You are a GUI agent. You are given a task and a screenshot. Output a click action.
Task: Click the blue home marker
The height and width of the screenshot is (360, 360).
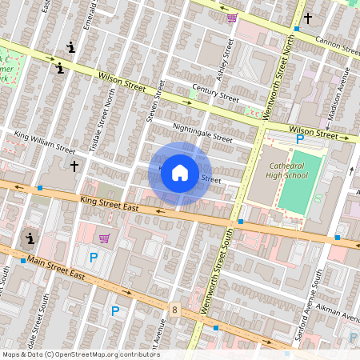(180, 173)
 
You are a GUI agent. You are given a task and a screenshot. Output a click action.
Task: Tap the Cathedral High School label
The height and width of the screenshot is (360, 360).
(285, 170)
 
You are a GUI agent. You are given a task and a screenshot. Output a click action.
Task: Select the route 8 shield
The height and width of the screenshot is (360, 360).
(174, 310)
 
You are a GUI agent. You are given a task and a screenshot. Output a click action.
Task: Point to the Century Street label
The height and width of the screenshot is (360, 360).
(215, 94)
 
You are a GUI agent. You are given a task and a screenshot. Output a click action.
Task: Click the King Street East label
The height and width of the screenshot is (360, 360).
(109, 203)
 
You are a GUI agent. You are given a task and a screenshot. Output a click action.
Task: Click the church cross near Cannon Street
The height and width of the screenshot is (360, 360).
(307, 17)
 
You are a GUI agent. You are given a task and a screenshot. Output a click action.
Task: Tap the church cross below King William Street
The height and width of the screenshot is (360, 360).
(74, 166)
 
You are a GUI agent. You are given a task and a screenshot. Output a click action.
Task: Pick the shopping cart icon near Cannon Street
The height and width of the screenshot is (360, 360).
(232, 18)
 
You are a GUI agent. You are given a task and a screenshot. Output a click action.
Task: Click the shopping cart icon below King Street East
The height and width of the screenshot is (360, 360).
(104, 238)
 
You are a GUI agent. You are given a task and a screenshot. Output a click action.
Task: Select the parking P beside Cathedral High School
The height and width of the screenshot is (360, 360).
(300, 138)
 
